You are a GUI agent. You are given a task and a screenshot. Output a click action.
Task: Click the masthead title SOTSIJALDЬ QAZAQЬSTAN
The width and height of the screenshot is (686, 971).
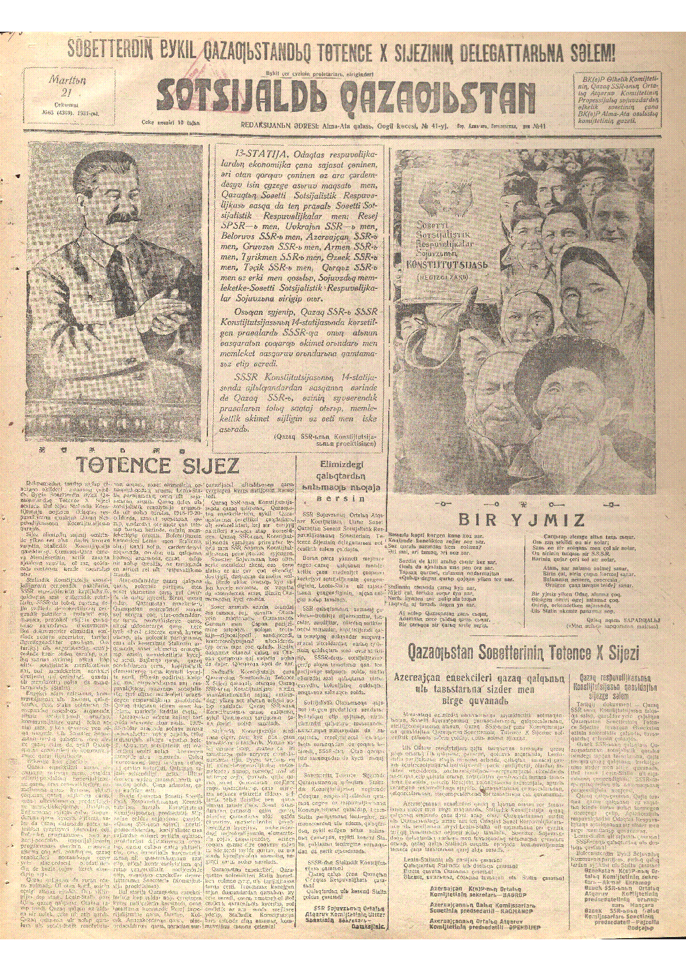(x=346, y=97)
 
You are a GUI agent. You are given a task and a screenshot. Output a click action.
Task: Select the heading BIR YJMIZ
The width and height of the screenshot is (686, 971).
(x=521, y=520)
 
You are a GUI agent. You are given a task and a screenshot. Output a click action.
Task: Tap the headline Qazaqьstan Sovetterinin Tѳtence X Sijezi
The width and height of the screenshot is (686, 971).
(x=523, y=653)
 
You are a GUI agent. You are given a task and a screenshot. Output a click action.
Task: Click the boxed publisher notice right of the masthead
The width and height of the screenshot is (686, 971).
(x=619, y=100)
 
